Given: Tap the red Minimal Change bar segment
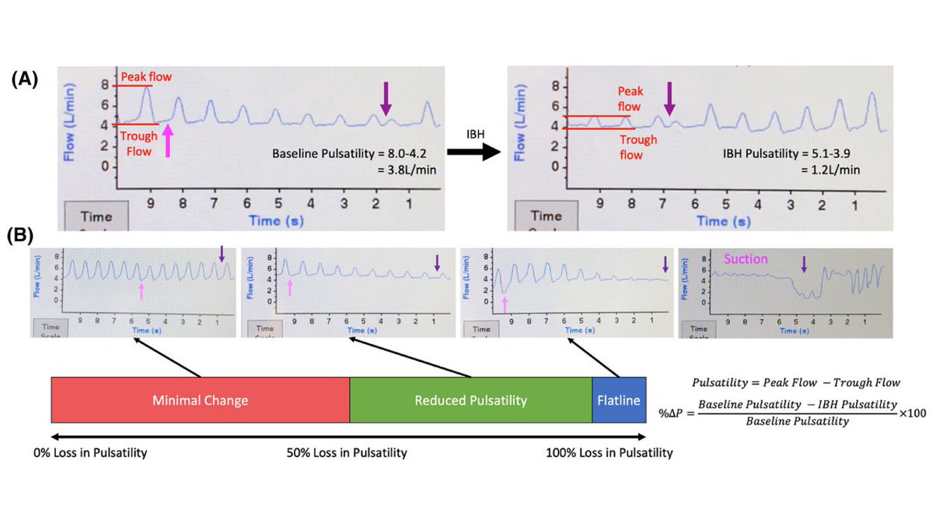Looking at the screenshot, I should pyautogui.click(x=200, y=400).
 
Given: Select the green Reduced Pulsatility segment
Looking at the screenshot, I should pyautogui.click(x=470, y=400).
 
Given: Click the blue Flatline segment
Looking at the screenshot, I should pyautogui.click(x=619, y=400).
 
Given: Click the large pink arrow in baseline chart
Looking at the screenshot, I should pyautogui.click(x=167, y=142).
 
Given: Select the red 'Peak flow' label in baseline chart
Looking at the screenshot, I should pyautogui.click(x=146, y=77).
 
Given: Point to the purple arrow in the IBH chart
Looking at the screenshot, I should pyautogui.click(x=669, y=100).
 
